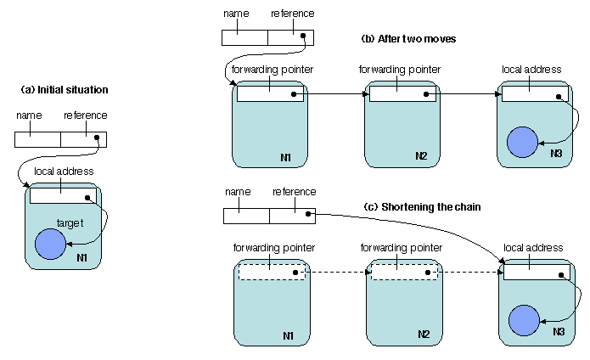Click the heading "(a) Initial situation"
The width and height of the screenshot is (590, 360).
point(65,89)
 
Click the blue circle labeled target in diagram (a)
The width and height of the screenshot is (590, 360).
point(49,245)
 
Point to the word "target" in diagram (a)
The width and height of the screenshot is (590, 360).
point(70,222)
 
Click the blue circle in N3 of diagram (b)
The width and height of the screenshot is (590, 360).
point(520,142)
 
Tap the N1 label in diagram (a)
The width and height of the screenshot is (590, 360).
point(81,257)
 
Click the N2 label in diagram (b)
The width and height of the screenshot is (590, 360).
point(422,156)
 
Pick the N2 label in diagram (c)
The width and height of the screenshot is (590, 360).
point(423,335)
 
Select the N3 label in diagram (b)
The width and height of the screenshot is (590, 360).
point(556,153)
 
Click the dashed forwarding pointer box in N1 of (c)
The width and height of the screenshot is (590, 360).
point(271,273)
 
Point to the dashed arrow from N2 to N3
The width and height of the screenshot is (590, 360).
point(466,273)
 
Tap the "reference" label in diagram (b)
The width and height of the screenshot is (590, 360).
point(293,14)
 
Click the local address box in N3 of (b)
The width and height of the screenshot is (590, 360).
point(534,94)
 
